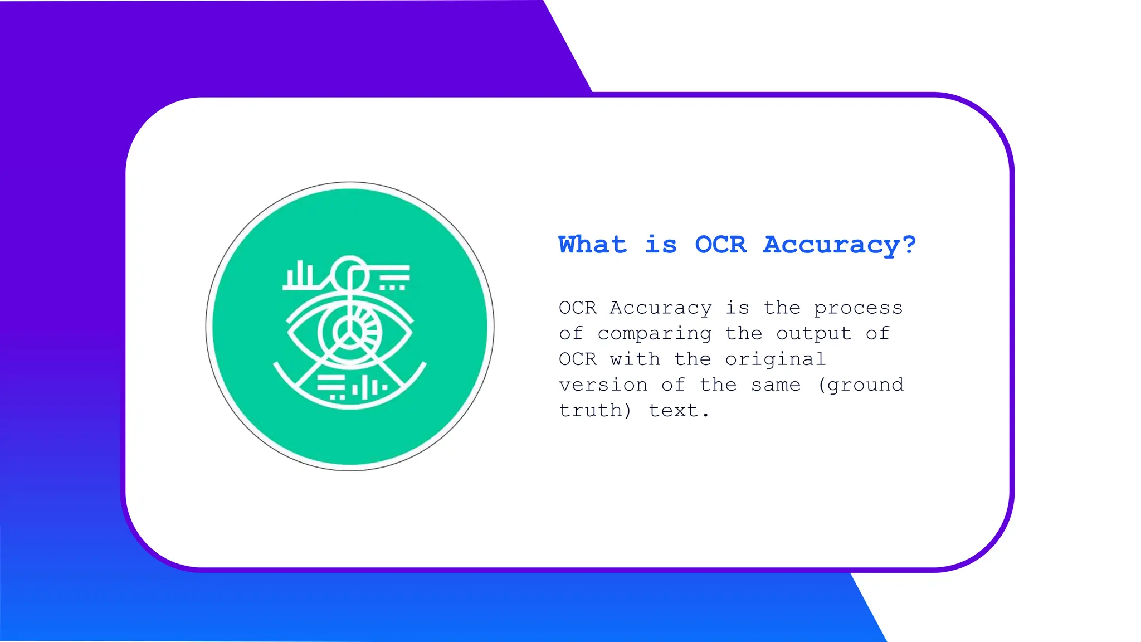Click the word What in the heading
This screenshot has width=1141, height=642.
coord(592,245)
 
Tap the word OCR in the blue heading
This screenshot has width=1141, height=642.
coord(720,245)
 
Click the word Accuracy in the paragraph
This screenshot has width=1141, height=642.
coord(660,308)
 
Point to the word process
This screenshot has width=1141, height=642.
coord(858,308)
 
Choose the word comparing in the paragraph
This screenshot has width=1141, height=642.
coord(654,334)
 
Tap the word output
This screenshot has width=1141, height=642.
coord(813,334)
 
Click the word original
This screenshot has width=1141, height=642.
coord(775,359)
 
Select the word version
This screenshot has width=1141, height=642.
coord(603,385)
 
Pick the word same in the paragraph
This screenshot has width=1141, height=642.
coord(776,385)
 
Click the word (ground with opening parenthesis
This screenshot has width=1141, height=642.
coord(861,385)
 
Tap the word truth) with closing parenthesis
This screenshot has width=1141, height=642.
coord(596,411)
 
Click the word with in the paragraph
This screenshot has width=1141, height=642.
coord(635,359)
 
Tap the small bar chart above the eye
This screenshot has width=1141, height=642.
coord(300,275)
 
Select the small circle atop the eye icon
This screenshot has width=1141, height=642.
coord(350,273)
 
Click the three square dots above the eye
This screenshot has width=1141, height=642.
coord(392,288)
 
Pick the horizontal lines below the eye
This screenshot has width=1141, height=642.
coord(331,384)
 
